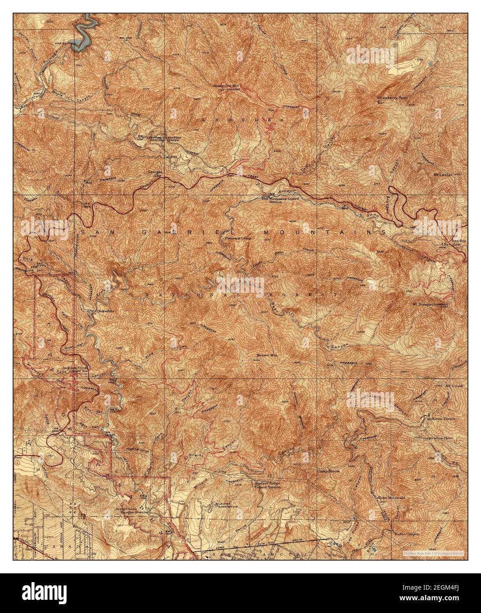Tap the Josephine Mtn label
tap(223, 86)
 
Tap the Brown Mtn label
tap(266, 355)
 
